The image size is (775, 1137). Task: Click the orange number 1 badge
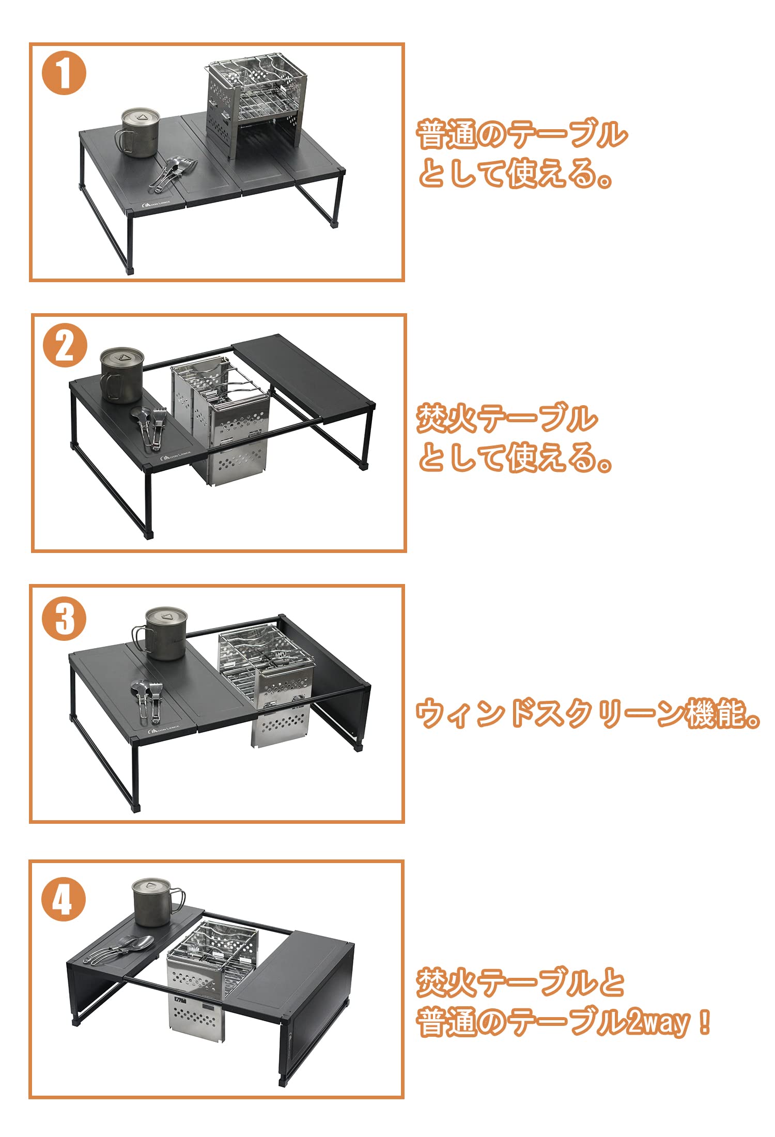[64, 73]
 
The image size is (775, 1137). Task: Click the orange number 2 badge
[65, 345]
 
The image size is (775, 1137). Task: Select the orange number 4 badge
[63, 899]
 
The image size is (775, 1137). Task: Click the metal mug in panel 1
[138, 132]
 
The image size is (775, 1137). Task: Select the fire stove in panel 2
[221, 421]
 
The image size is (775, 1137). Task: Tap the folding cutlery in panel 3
[146, 700]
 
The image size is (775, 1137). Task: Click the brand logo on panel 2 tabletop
[176, 455]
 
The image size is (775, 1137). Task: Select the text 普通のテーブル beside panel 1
[522, 134]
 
